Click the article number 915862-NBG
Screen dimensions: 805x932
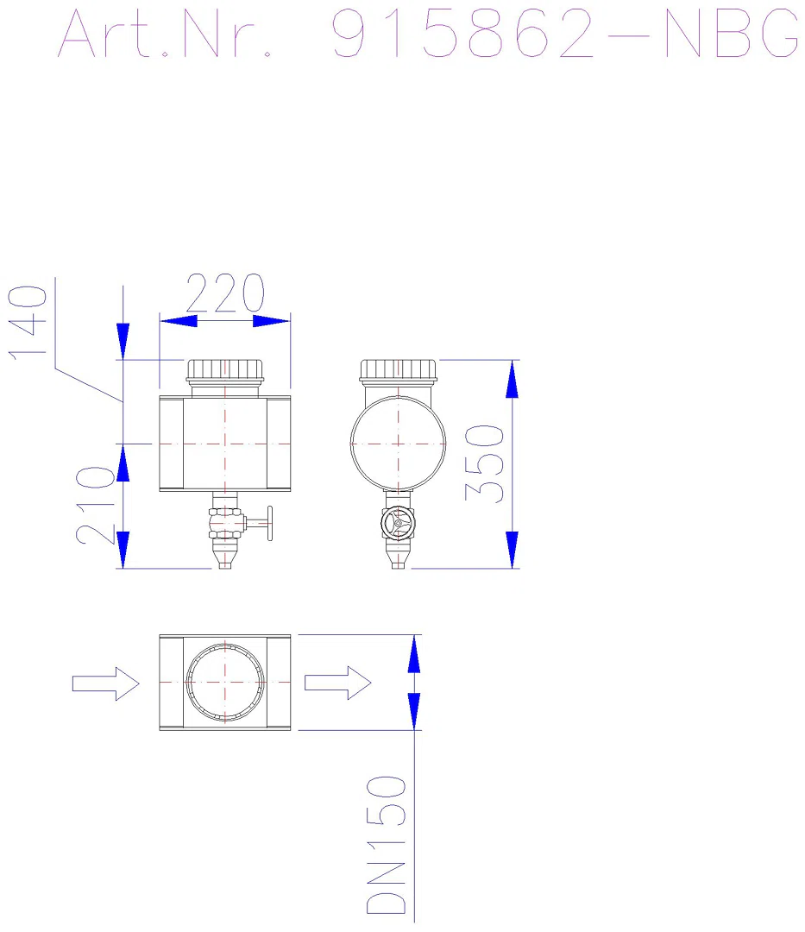pos(564,34)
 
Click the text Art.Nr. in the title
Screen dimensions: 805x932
pos(165,34)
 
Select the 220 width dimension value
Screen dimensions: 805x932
pos(225,293)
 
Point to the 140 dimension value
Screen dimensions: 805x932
pos(28,322)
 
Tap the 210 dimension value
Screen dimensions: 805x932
pos(95,505)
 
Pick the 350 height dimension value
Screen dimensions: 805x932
pos(484,463)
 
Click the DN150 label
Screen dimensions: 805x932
pos(387,845)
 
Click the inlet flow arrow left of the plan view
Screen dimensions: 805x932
pos(106,683)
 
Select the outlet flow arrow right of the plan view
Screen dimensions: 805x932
pos(338,683)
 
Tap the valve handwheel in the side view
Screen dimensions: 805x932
pos(398,523)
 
